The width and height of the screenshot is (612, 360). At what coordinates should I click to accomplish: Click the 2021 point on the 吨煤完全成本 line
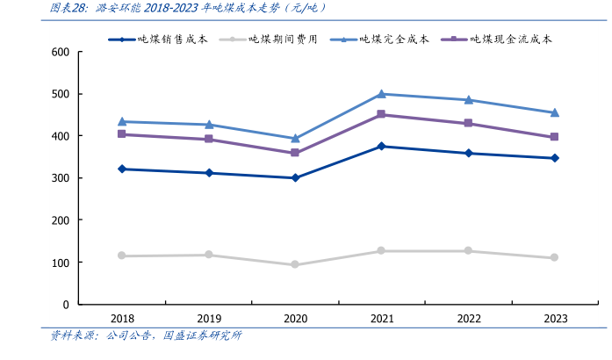click(x=381, y=94)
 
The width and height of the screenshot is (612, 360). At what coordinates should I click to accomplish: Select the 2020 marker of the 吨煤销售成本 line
click(x=295, y=178)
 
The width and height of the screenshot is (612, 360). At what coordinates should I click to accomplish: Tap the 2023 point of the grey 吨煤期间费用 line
click(x=555, y=258)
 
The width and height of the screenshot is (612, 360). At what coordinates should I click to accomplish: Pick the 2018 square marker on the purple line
click(x=122, y=134)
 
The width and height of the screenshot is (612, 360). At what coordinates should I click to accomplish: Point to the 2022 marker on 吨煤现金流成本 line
click(x=468, y=124)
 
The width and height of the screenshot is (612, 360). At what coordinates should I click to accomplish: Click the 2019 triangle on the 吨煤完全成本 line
click(x=209, y=125)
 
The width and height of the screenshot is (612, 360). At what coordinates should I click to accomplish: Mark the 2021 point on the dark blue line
click(x=381, y=147)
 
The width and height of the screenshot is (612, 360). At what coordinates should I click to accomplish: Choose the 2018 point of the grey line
click(x=122, y=256)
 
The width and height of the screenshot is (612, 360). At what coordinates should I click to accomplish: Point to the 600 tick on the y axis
click(x=60, y=53)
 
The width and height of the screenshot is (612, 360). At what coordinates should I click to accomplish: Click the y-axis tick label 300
click(x=60, y=178)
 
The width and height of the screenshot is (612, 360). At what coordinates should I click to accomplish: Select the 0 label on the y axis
click(x=66, y=305)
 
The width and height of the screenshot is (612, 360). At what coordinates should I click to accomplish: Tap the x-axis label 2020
click(x=295, y=319)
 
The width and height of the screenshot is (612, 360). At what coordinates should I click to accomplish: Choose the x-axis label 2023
click(x=555, y=319)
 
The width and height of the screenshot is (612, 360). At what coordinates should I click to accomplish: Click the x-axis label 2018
click(x=122, y=319)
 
